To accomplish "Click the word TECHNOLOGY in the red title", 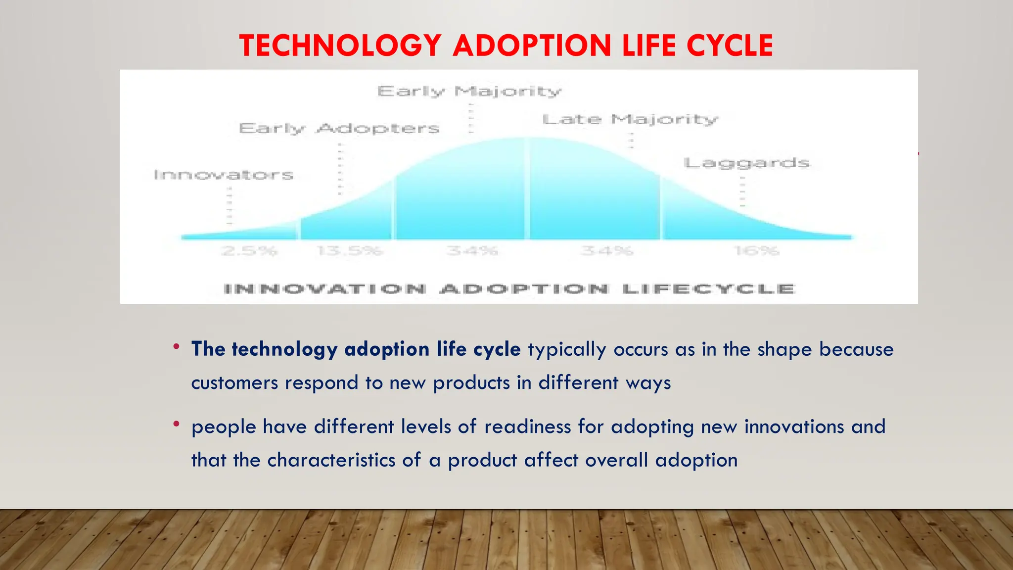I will click(x=340, y=46).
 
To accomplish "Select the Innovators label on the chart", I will click(x=224, y=175).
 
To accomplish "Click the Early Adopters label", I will click(x=339, y=129).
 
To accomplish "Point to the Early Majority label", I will click(x=469, y=92).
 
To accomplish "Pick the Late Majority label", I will click(x=630, y=120).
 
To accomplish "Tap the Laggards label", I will click(x=747, y=163).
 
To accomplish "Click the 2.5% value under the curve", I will click(x=249, y=251).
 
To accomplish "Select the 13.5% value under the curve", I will click(x=350, y=251).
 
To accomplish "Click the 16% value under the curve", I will click(x=757, y=251).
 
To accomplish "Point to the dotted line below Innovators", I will click(x=230, y=208).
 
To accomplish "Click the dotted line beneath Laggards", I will click(x=742, y=193).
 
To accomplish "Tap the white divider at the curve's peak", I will click(x=527, y=188).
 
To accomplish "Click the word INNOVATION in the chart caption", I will click(x=325, y=289).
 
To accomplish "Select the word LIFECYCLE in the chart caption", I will click(x=708, y=289).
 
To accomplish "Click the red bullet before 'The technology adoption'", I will click(x=176, y=347).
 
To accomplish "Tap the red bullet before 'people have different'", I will click(x=176, y=424).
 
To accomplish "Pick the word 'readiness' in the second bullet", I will click(x=528, y=427).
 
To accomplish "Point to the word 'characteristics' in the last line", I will click(x=331, y=460).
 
